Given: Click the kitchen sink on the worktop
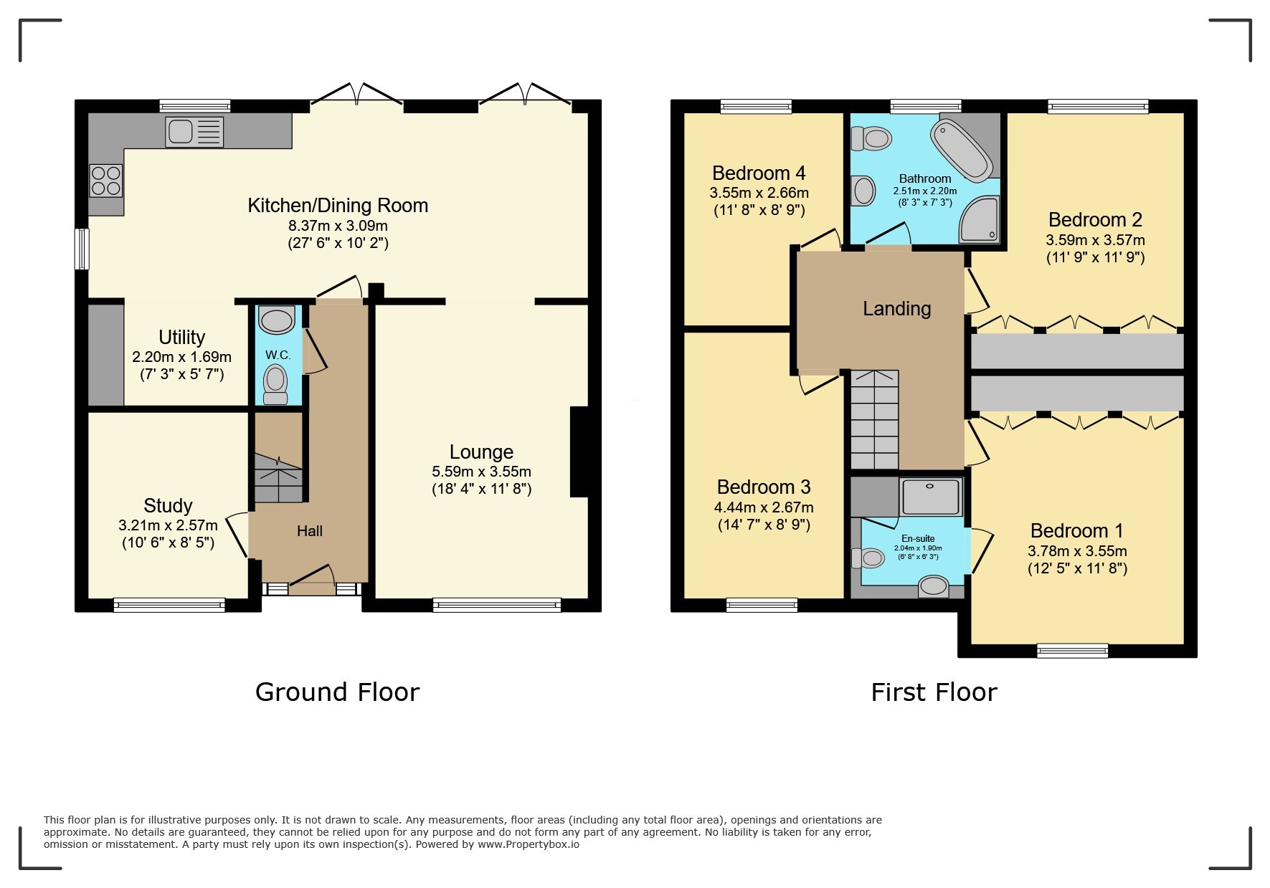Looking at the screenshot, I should coord(194,132).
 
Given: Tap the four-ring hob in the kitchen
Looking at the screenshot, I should coord(105,181).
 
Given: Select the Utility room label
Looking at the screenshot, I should coord(181,337).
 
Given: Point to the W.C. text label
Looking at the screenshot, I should coord(278,355).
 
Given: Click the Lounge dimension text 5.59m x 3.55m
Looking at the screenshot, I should coord(481,472).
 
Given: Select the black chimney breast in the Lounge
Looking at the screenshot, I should coord(579,452).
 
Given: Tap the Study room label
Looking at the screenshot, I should coord(168,505).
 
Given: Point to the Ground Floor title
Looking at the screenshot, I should coord(337,692).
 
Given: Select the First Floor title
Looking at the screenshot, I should coord(934,692).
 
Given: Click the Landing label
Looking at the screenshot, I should coord(896,309).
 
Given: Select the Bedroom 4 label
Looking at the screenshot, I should coord(759,173).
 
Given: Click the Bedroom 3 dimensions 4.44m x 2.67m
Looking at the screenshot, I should coord(764,507).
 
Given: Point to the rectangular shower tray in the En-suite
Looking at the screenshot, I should coord(930,497).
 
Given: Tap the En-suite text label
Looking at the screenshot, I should coord(918,538).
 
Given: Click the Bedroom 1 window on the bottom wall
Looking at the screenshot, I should coord(1072,651).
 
